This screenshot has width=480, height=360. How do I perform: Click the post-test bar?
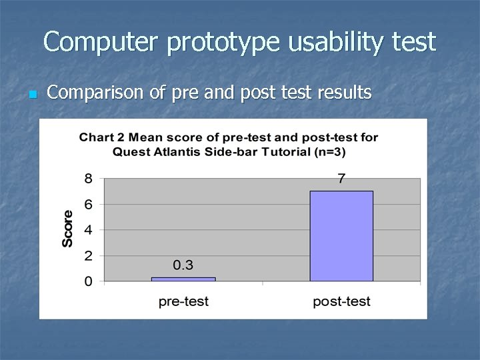coord(341,236)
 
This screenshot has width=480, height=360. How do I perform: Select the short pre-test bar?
coord(183,279)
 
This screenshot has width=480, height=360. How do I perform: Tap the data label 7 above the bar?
coord(341,179)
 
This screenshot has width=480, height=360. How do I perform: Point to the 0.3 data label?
coord(183,265)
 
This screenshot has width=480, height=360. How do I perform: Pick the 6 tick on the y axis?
coord(88,204)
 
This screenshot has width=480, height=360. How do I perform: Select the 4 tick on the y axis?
coord(88,230)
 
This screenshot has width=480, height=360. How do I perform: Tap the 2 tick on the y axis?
coord(88,256)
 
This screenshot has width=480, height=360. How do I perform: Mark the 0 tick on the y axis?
coord(88,282)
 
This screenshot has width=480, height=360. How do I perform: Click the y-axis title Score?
coord(68,229)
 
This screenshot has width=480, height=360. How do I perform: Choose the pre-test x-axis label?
coord(183,302)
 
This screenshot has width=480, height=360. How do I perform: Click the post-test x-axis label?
coord(341,302)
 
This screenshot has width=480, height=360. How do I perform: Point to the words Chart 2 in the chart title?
coord(102,138)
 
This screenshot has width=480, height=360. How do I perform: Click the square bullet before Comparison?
coord(31,95)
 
